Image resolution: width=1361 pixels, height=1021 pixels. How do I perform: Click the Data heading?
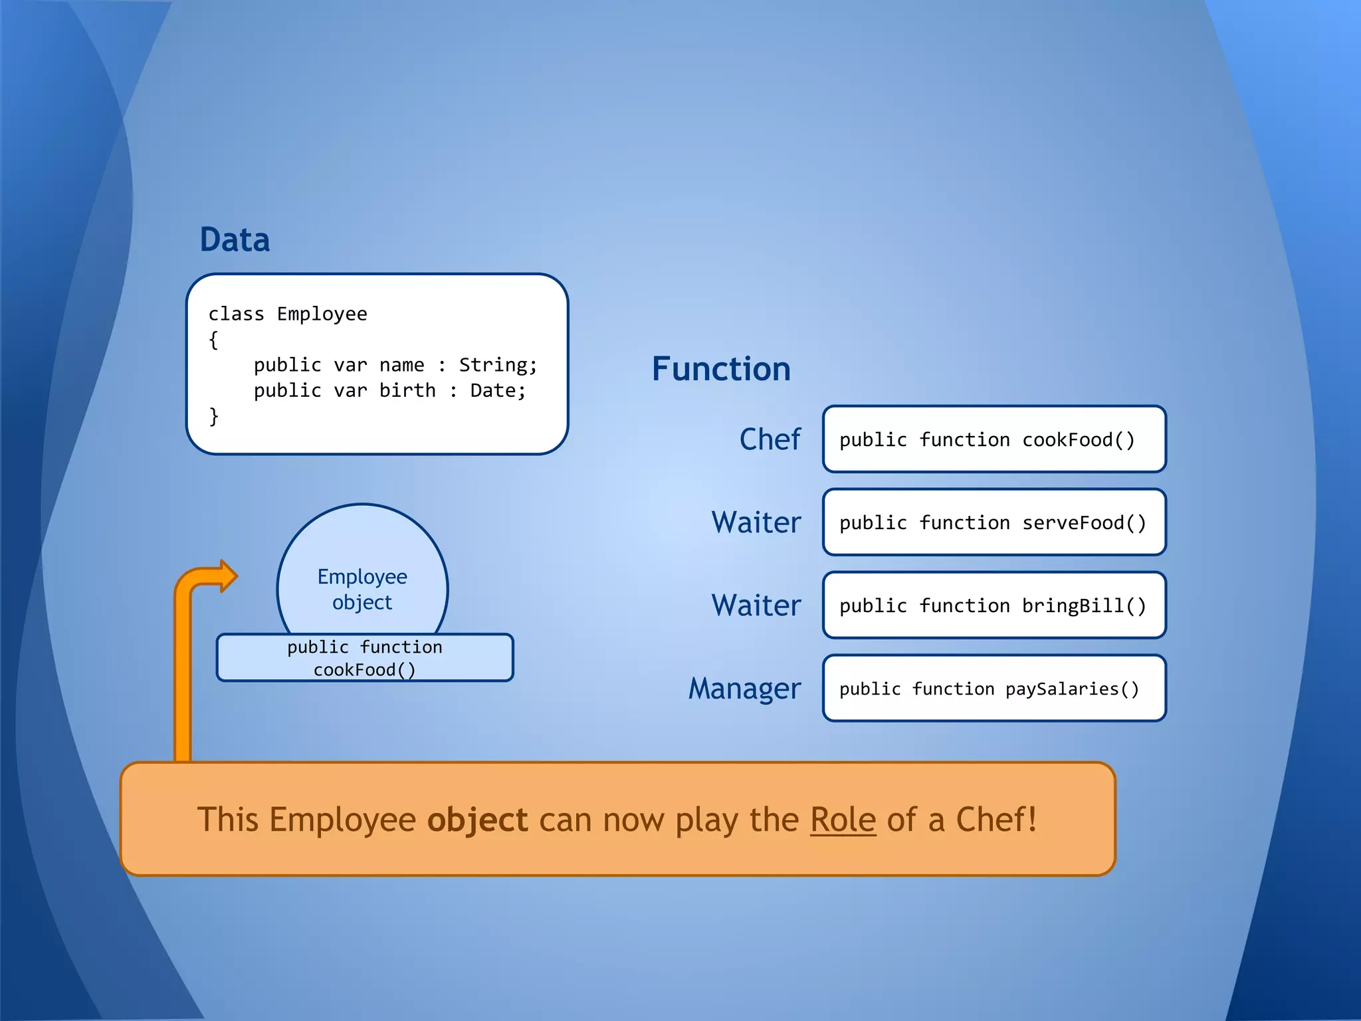tap(235, 240)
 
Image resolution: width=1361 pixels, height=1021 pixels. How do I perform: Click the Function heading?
tap(721, 369)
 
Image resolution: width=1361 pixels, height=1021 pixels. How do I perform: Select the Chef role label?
tap(770, 439)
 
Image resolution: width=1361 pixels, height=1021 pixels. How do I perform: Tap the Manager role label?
tap(744, 689)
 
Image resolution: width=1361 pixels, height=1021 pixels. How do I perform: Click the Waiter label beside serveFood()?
tap(756, 522)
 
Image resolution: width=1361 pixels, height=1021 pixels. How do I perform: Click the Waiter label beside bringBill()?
tap(756, 606)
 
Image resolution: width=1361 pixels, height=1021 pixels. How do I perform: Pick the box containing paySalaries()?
tap(994, 689)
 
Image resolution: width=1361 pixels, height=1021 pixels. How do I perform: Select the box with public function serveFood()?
tap(994, 522)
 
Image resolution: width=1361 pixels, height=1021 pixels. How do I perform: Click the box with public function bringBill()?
tap(994, 606)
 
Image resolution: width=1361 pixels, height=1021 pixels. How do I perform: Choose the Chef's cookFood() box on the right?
tap(994, 439)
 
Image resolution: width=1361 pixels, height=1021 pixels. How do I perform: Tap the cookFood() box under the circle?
tap(364, 658)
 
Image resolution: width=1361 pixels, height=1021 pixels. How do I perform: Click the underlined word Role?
tap(843, 820)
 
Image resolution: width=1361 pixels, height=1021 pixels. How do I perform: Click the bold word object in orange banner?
tap(477, 820)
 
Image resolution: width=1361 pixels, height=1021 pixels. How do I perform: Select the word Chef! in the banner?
tap(996, 820)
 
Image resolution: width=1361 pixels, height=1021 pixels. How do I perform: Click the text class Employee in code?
tap(288, 314)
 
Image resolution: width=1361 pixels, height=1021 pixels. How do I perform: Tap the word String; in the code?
tap(498, 365)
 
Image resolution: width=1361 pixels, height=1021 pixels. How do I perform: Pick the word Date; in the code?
tap(498, 390)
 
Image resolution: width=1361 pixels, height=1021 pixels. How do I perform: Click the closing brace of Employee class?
tap(213, 416)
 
